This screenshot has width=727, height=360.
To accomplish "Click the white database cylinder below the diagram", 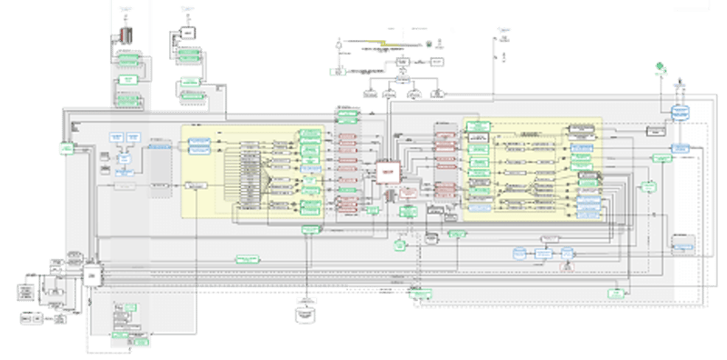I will (306, 313).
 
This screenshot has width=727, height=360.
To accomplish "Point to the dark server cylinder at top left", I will (127, 34).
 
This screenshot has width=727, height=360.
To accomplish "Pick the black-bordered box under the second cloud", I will (186, 33).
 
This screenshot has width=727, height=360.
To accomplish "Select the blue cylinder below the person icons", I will (677, 111).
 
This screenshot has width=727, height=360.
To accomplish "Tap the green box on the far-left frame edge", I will (66, 148).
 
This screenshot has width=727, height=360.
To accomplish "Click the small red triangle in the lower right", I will (567, 265).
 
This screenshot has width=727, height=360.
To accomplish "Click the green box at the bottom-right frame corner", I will (617, 293).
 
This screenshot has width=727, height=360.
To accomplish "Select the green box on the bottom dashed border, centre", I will (420, 293).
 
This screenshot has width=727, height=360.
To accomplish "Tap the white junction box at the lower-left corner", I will (91, 272).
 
